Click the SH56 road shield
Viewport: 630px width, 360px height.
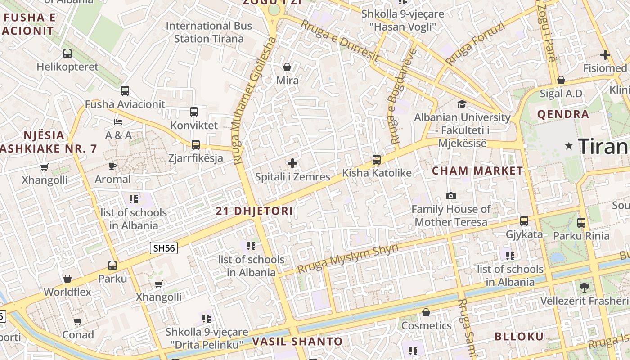pyautogui.click(x=164, y=248)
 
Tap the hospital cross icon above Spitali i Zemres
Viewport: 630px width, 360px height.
pyautogui.click(x=292, y=163)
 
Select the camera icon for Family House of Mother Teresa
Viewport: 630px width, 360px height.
pyautogui.click(x=450, y=196)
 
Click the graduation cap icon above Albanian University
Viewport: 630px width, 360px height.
pyautogui.click(x=462, y=104)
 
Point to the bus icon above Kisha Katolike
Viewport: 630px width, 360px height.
pyautogui.click(x=377, y=159)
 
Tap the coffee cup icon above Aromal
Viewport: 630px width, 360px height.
pyautogui.click(x=112, y=166)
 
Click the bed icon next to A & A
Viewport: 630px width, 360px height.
pyautogui.click(x=118, y=122)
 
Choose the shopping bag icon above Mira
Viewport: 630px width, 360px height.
pyautogui.click(x=287, y=67)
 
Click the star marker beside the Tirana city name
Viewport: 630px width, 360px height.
pyautogui.click(x=569, y=146)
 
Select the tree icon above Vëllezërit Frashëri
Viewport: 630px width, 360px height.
pyautogui.click(x=584, y=287)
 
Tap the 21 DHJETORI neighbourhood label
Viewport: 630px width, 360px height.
pyautogui.click(x=254, y=211)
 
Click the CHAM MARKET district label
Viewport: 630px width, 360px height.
pyautogui.click(x=477, y=171)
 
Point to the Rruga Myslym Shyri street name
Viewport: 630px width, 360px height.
pyautogui.click(x=348, y=259)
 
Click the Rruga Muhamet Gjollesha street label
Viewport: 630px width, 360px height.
pyautogui.click(x=254, y=101)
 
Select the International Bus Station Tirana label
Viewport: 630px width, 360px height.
pyautogui.click(x=209, y=32)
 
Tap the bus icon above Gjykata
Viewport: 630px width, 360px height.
pyautogui.click(x=524, y=221)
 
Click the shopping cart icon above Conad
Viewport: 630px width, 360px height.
pyautogui.click(x=78, y=321)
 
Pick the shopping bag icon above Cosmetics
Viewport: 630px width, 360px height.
pyautogui.click(x=426, y=312)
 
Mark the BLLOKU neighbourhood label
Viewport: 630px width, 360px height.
pyautogui.click(x=519, y=337)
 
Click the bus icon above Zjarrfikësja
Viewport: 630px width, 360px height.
pyautogui.click(x=196, y=144)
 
